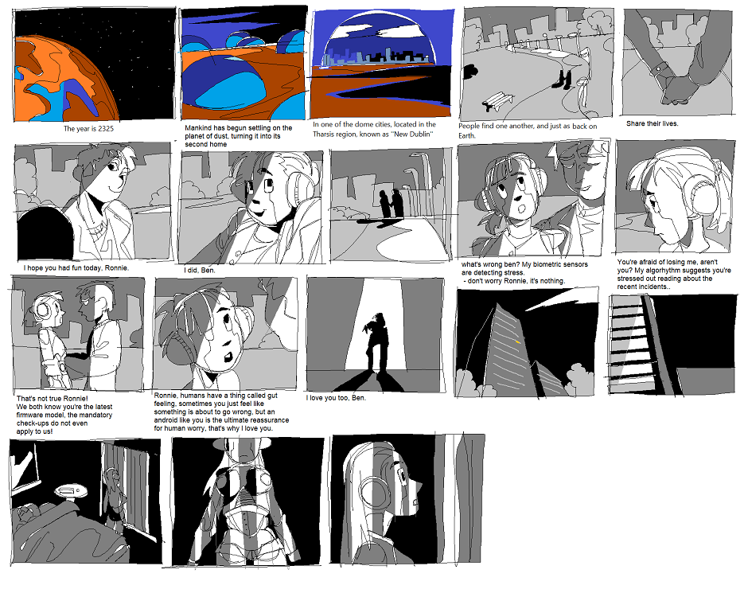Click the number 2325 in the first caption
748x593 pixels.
tap(106, 129)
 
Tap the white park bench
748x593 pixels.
tap(497, 100)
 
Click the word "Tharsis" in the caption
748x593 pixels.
tap(325, 134)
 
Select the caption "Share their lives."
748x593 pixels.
tap(652, 123)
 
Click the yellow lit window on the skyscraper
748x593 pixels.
tap(517, 341)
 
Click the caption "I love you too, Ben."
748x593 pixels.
tap(336, 398)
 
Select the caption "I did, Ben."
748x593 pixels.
tap(200, 271)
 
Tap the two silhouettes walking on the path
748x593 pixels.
tap(391, 205)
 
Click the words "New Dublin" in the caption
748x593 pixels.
tap(412, 134)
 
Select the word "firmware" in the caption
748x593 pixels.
tap(29, 415)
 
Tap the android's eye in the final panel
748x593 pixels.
tap(399, 476)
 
